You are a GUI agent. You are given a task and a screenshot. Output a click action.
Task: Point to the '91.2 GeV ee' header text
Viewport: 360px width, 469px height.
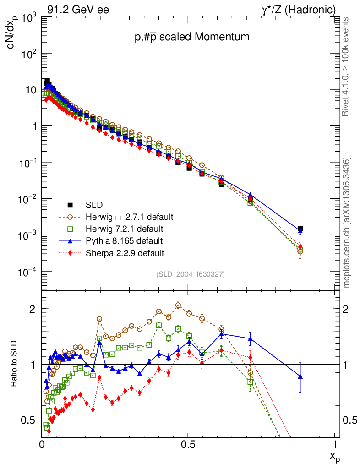point(78,9)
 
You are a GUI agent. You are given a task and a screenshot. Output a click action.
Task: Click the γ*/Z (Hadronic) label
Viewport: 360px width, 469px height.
point(303,9)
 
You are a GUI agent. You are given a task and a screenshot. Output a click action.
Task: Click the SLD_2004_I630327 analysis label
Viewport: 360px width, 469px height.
point(191,274)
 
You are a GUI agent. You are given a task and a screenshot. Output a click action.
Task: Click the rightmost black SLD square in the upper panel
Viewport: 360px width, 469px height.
point(300,228)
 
